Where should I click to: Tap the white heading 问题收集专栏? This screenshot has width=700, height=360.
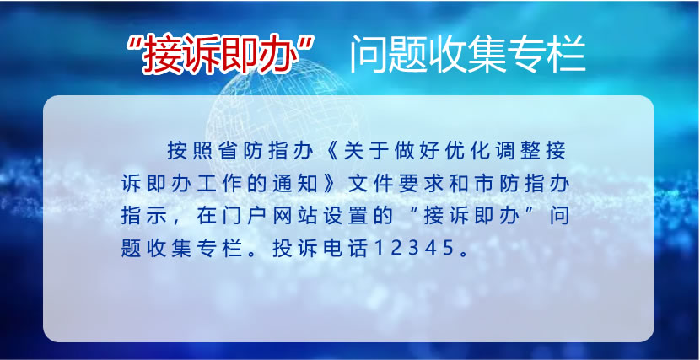pyautogui.click(x=467, y=56)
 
